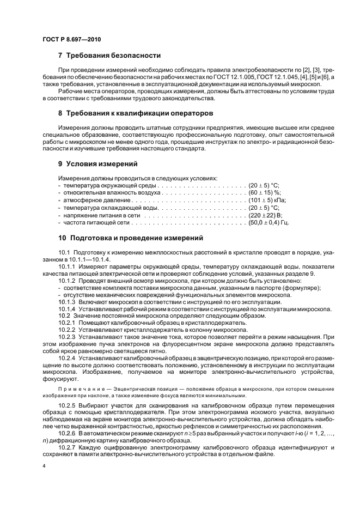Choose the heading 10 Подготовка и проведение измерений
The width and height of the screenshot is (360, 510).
pos(123,238)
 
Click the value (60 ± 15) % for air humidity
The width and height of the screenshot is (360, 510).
pos(264,192)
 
